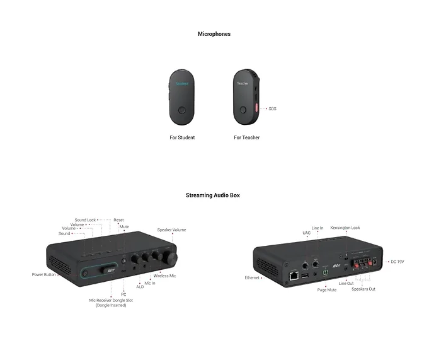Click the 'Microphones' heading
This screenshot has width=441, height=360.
[214, 34]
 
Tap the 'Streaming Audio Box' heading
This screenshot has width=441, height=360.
[213, 195]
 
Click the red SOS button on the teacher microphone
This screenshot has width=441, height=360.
[256, 108]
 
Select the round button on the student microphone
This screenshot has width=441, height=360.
[182, 110]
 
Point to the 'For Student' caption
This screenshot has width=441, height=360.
[182, 137]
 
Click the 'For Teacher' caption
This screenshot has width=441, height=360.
[247, 137]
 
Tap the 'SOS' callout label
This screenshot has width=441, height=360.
[272, 108]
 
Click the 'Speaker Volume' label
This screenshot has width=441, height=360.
[171, 230]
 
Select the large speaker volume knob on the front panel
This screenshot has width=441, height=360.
[171, 257]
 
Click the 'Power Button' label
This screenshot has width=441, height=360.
[43, 275]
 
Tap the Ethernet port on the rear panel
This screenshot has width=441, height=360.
[294, 276]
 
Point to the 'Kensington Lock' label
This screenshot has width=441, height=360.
[345, 228]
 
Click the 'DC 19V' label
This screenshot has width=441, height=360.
[397, 262]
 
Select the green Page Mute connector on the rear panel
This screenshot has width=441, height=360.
[325, 273]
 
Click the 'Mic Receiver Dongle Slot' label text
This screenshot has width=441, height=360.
[111, 300]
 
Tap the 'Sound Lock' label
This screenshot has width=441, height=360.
[85, 220]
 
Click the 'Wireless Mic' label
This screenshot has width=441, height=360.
[164, 276]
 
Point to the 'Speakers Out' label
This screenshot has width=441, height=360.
[364, 289]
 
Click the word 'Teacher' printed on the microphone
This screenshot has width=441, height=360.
[243, 84]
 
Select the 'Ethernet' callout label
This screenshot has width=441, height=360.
[252, 278]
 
